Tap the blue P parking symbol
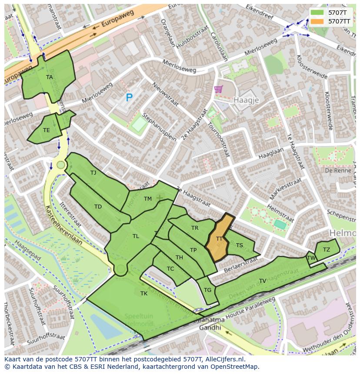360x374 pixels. pos(129,98)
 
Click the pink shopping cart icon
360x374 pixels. pos(218,89)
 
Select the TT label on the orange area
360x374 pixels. pos(220,239)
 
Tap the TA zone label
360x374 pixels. pos(50,77)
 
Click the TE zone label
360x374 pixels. pos(47,130)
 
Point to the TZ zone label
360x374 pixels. pos(327,249)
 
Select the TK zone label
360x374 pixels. pos(144,294)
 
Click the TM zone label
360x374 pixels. pos(148,199)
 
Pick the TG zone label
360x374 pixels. pos(207,290)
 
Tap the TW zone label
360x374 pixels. pos(311,258)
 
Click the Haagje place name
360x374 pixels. pos(246,100)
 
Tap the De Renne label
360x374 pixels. pos(338,171)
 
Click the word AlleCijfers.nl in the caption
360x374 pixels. pos(224,360)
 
